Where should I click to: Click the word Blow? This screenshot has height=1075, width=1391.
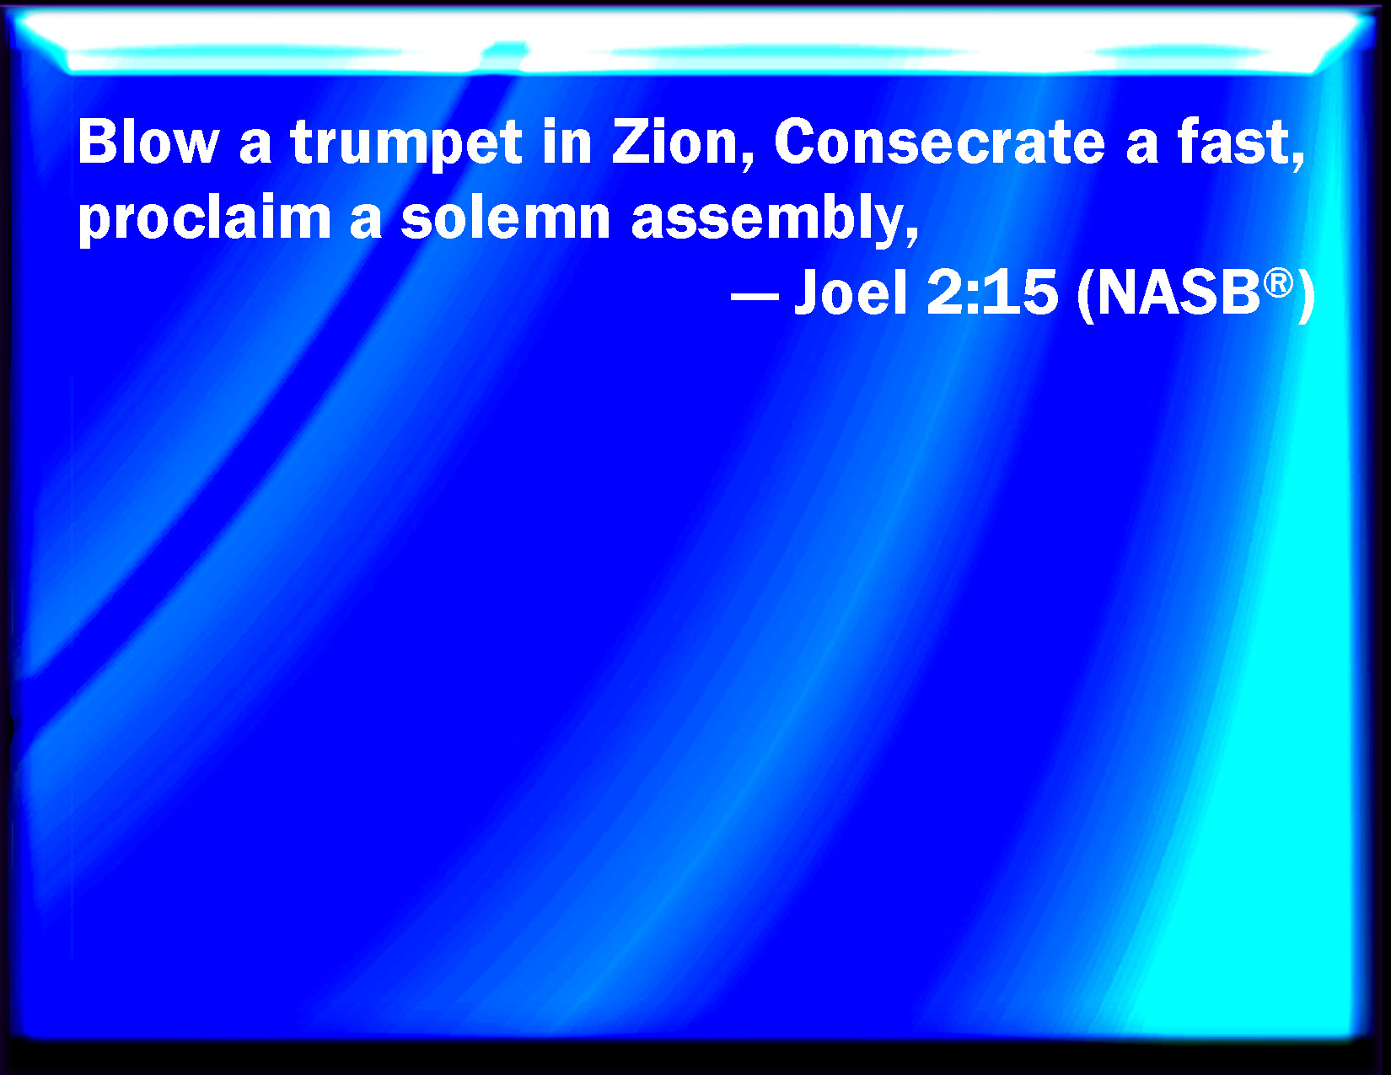148,142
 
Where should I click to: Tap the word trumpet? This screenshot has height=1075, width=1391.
406,145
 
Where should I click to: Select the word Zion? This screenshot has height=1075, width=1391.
676,142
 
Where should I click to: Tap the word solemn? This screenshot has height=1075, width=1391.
505,218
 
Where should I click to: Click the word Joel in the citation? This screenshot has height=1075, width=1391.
851,293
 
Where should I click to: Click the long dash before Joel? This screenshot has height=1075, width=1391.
755,298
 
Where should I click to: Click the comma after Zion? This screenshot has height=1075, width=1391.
748,161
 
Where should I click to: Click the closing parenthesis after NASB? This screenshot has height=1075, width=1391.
1307,295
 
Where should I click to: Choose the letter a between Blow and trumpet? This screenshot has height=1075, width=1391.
255,148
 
